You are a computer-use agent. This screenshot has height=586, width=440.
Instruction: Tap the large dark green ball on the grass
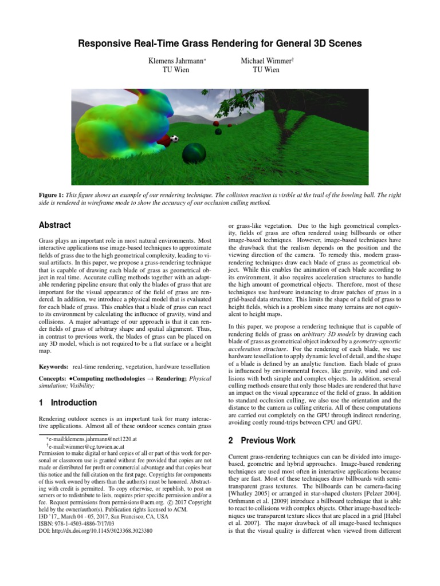(x=193, y=153)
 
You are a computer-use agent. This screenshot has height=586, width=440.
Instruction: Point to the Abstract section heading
(x=55, y=225)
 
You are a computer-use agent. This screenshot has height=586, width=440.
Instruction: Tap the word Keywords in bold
(x=53, y=365)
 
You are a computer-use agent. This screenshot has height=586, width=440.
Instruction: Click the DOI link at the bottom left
(x=96, y=530)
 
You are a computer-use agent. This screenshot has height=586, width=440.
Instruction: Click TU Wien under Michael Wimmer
(x=266, y=70)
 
